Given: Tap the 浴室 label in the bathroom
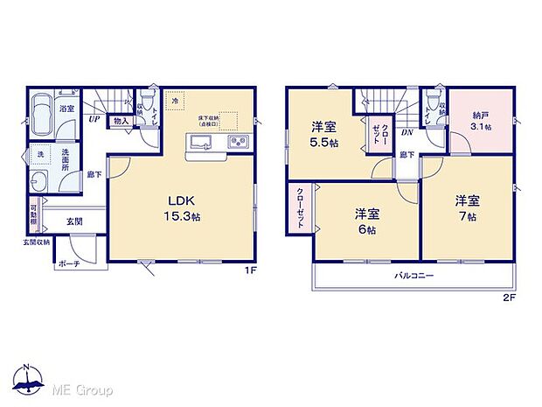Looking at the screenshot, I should tap(67, 109).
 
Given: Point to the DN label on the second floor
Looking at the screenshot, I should tap(407, 132).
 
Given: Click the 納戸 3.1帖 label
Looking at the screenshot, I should tap(482, 120).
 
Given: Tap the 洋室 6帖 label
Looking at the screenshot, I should tap(366, 221).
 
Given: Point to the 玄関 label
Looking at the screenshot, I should tap(76, 223).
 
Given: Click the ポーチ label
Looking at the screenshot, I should tap(69, 263).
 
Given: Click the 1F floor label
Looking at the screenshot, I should tap(249, 270).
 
